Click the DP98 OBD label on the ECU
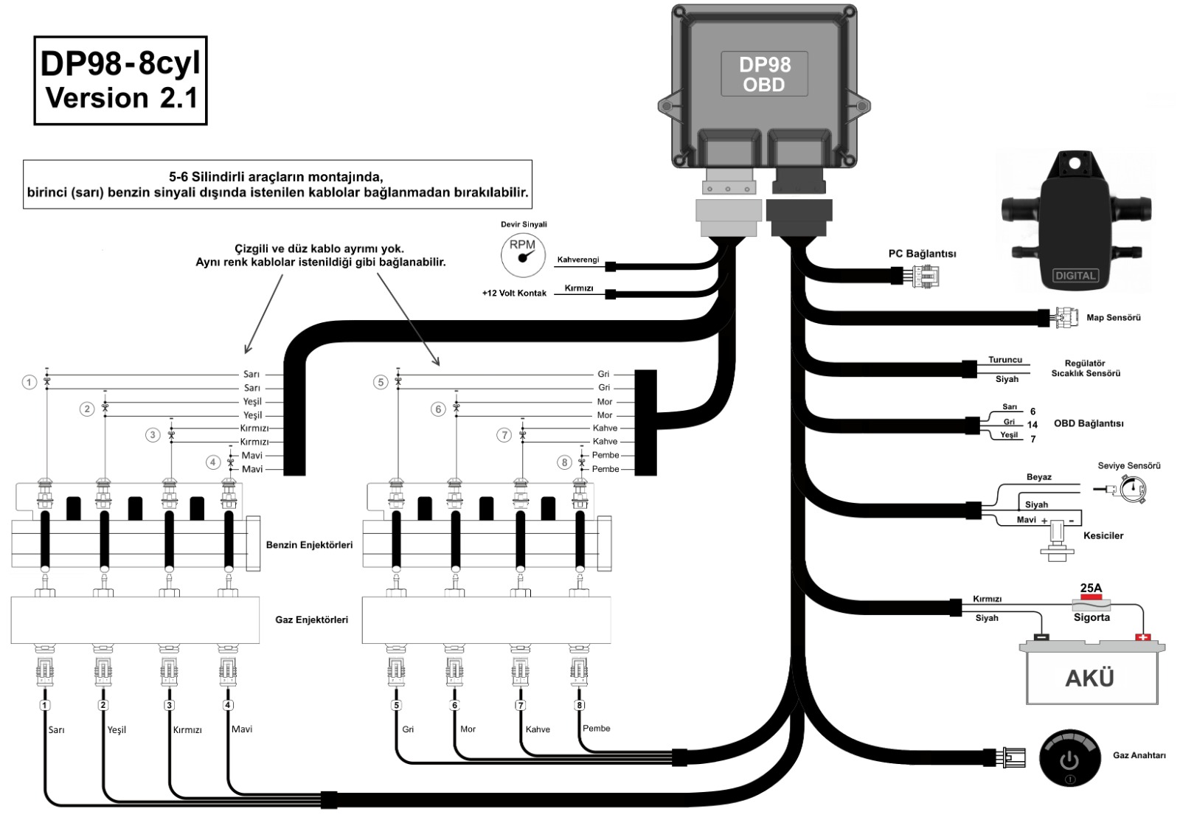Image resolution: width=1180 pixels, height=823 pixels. [764, 74]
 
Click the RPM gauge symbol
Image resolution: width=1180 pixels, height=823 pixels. [523, 254]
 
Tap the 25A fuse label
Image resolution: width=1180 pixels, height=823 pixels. [1091, 588]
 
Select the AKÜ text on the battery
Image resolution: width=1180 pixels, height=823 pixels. [1089, 678]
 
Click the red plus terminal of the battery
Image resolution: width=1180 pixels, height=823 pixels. [1142, 636]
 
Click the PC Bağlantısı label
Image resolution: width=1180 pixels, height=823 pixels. [922, 254]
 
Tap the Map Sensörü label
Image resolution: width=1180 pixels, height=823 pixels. [1113, 318]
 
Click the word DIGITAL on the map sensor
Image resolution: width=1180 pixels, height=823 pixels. [1075, 276]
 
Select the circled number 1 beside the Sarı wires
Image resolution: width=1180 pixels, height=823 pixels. [29, 382]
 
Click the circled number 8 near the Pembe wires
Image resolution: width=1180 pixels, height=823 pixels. [564, 462]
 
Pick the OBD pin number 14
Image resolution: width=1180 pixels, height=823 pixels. [1032, 425]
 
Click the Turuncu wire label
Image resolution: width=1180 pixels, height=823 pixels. [1005, 360]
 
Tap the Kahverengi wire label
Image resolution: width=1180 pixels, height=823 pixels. [577, 260]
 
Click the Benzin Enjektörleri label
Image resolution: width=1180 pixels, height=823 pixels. [309, 545]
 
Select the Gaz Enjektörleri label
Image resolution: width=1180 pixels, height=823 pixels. [311, 619]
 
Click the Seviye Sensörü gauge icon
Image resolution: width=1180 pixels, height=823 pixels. [1131, 488]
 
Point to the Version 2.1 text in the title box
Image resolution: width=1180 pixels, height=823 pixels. [122, 97]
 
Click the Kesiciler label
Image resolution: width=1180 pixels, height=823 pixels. [1103, 535]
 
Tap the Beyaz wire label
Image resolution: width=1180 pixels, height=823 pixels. [1038, 477]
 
